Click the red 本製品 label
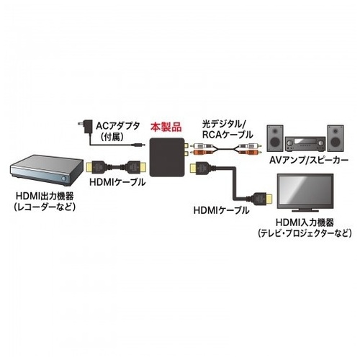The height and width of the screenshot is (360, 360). click(x=166, y=127)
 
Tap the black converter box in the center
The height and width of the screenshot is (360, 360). click(x=166, y=158)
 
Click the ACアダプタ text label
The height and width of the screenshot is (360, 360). click(x=117, y=125)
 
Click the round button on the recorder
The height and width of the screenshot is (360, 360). click(x=63, y=179)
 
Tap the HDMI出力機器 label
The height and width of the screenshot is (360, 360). click(x=45, y=196)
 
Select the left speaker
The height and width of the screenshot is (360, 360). click(x=275, y=138)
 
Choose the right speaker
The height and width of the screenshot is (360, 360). click(x=336, y=138)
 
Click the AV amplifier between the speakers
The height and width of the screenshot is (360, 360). click(x=305, y=144)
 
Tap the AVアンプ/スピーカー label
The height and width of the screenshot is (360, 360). click(x=309, y=160)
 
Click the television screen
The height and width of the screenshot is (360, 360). click(x=305, y=191)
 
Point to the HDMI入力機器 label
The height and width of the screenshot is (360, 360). click(x=305, y=222)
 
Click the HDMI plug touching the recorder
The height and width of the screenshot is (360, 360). click(x=96, y=167)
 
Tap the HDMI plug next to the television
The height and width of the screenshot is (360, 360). click(x=264, y=199)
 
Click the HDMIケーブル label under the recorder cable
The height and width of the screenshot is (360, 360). click(x=117, y=182)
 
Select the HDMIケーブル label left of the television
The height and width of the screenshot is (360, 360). click(x=221, y=210)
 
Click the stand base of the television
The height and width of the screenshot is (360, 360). click(x=305, y=210)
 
